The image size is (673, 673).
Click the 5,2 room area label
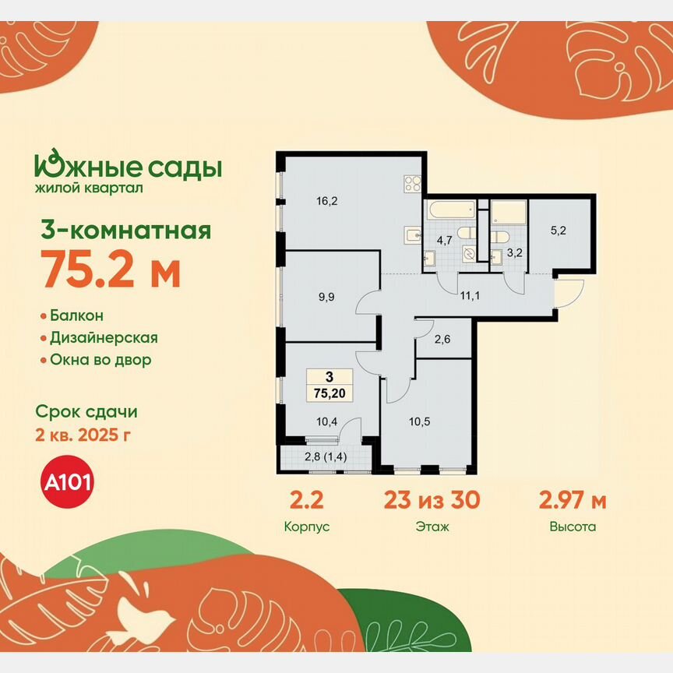pos(558,231)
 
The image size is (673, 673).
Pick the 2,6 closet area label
pos(442,340)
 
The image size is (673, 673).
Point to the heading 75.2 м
pos(111,272)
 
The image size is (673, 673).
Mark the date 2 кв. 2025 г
pos(83,434)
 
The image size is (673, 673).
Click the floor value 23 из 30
pos(432,500)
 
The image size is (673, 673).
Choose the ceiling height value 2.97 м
pos(573,500)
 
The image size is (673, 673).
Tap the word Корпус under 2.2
pos(308,527)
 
